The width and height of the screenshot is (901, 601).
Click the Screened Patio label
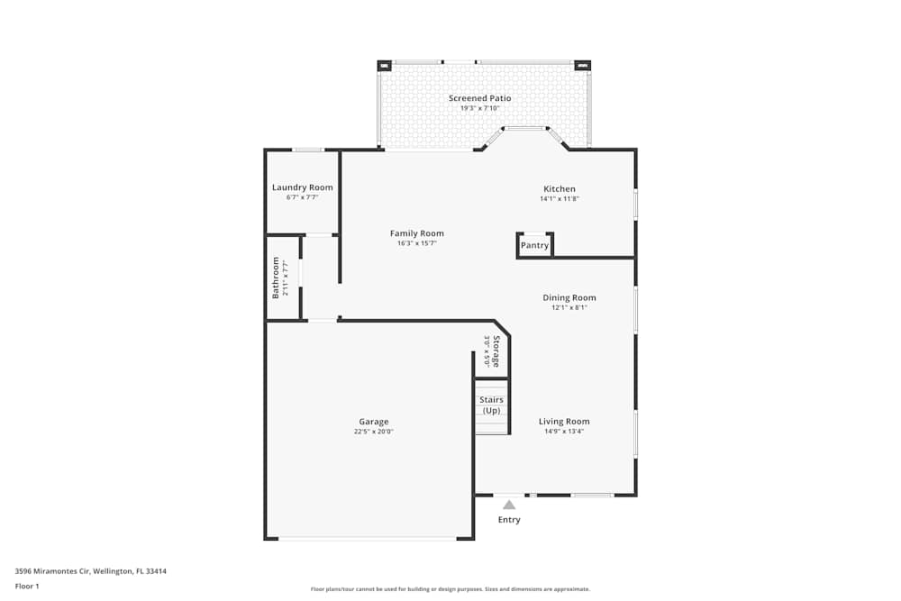point(479,98)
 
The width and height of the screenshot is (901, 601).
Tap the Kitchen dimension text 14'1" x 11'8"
point(559,199)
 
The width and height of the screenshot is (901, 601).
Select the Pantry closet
point(534,245)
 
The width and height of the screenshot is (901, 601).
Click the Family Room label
point(416,233)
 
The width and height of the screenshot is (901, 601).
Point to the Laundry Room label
point(302,187)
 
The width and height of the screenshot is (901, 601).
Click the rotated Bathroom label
point(277,278)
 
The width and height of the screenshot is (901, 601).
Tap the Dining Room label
point(569,297)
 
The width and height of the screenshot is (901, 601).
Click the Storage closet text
point(496,351)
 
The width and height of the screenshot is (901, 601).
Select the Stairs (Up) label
point(491,405)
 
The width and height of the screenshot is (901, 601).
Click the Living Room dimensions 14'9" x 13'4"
point(564,432)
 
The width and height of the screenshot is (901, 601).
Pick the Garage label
point(374,422)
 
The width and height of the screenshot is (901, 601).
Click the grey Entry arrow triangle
point(509,505)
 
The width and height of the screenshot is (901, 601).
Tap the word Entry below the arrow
point(509,520)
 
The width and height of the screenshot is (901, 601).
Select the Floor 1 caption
point(27,586)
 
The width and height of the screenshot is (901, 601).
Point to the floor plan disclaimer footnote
point(450,589)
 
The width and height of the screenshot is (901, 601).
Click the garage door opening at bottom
point(367,539)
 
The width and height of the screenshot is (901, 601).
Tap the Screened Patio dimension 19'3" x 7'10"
point(479,108)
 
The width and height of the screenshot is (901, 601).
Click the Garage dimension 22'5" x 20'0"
point(374,432)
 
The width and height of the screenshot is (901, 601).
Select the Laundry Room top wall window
point(308,150)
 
